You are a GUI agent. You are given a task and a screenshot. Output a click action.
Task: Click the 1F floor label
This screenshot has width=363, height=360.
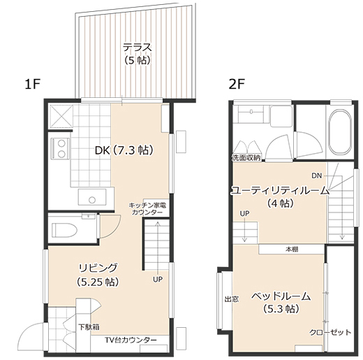(33, 84)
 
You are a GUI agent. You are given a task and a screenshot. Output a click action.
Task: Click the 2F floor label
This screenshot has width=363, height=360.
(237, 84)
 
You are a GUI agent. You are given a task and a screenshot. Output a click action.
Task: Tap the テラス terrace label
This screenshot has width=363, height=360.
(137, 48)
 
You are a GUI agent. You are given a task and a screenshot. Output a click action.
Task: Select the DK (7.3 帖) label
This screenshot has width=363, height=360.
(124, 150)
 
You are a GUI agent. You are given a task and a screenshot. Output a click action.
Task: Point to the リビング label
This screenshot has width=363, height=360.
(98, 268)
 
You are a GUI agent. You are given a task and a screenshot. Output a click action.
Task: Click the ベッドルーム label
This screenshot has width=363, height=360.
(281, 296)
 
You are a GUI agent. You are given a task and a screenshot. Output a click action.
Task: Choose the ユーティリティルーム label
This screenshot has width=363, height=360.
(280, 192)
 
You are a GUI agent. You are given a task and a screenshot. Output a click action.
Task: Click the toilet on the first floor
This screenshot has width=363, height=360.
(64, 230)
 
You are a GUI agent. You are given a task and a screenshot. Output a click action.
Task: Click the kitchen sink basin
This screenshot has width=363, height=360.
(92, 197)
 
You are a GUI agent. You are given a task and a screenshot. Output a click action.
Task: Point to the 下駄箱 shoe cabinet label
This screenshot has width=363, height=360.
(89, 327)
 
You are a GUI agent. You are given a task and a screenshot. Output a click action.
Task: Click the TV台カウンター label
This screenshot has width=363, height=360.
(131, 340)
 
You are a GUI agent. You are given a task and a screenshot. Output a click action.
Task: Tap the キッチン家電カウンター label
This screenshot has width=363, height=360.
(147, 209)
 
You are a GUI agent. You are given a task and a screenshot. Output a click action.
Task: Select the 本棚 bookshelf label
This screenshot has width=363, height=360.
(292, 250)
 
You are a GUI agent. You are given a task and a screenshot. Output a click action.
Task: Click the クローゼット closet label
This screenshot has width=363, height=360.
(330, 332)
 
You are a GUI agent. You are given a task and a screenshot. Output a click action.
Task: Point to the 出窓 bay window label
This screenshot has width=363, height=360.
(232, 299)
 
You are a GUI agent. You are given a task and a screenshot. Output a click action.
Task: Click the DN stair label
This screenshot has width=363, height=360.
(316, 175)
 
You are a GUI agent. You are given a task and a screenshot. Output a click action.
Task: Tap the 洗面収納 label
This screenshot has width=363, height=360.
(246, 158)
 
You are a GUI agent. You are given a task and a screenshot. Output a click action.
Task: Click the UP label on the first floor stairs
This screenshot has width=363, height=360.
(158, 279)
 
